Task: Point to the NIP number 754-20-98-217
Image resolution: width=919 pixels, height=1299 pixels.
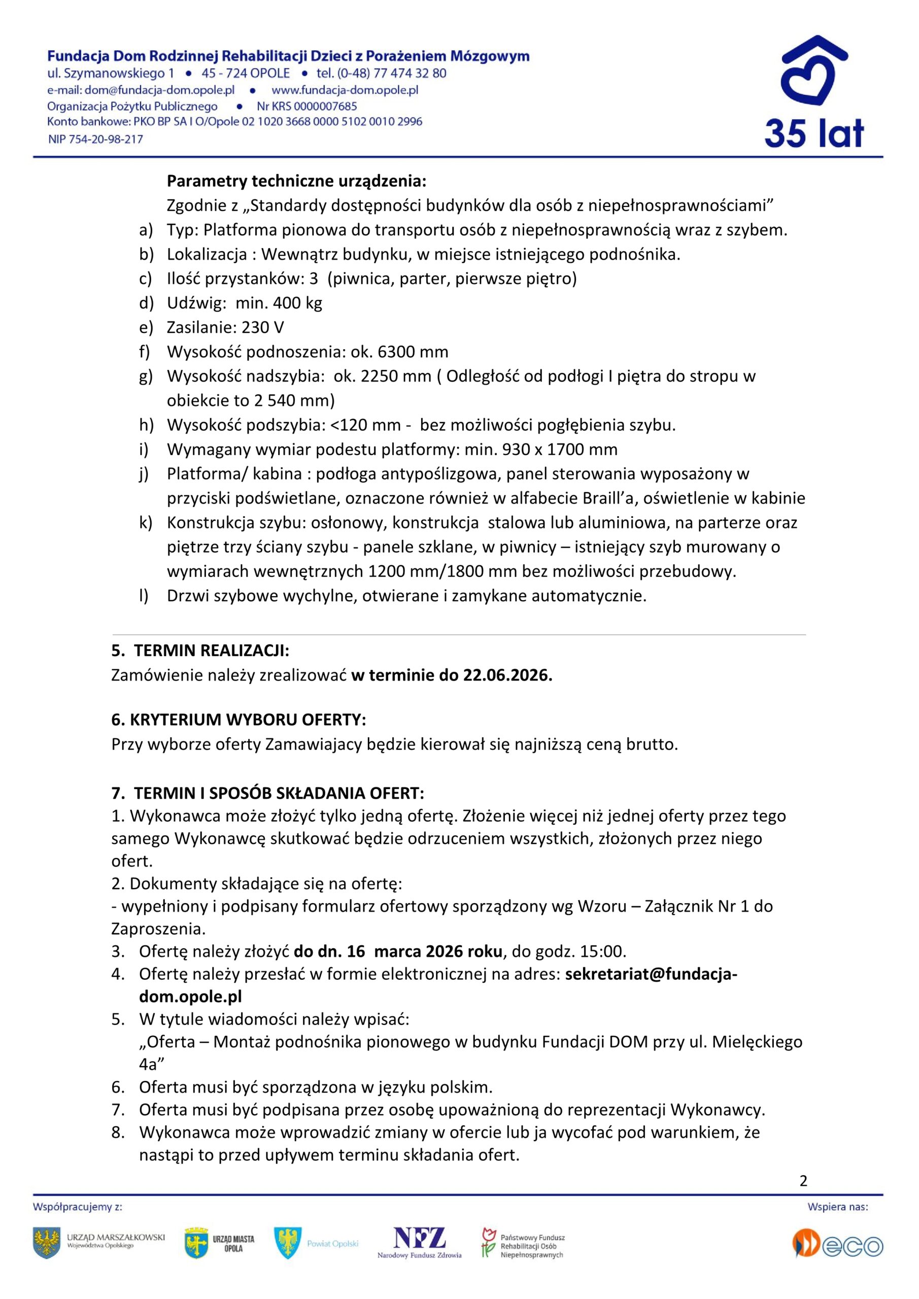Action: pos(106,139)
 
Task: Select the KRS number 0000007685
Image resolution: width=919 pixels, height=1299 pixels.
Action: pos(325,107)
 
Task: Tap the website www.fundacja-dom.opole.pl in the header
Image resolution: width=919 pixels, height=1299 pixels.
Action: pos(345,90)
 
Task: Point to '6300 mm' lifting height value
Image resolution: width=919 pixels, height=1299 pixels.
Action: pos(413,352)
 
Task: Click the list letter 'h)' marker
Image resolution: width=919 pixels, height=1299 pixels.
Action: pos(146,425)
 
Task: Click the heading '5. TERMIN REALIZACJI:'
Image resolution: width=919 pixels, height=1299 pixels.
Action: pos(200,651)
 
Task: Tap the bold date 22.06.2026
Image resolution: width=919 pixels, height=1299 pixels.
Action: pos(507,675)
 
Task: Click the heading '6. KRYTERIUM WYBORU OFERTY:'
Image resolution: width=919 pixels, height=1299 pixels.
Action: pos(239,720)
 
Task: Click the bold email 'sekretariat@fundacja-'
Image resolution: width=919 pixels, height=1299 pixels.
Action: pos(651,974)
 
